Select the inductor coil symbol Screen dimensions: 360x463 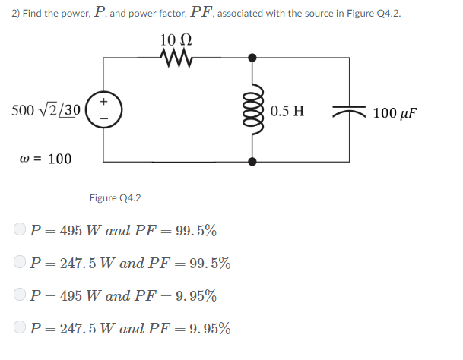tap(252, 109)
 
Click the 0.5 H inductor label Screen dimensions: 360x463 tap(287, 111)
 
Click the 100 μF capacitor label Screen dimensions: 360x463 tap(395, 113)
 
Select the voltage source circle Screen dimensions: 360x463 tap(104, 109)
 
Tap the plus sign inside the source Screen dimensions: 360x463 tap(104, 100)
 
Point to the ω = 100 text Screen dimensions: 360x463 tap(44, 159)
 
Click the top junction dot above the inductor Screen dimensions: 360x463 tap(252, 56)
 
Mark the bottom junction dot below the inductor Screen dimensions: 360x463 tap(252, 161)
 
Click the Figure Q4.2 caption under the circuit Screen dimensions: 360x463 tap(115, 198)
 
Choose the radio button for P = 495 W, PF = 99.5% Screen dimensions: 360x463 tap(20, 229)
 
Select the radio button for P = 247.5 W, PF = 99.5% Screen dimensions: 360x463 tap(20, 263)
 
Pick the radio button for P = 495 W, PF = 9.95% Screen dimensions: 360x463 tap(20, 295)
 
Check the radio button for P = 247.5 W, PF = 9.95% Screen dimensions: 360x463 tap(20, 328)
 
